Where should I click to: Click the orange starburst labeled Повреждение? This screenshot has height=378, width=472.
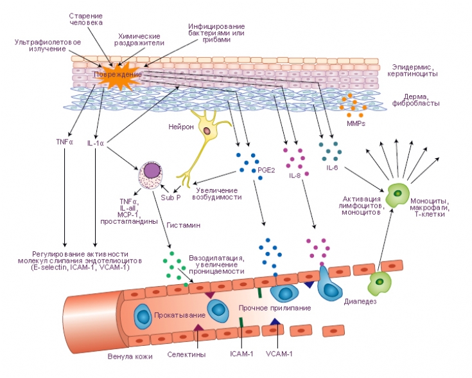[117, 75]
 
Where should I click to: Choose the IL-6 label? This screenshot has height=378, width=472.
[332, 168]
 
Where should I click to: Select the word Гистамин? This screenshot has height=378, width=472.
[185, 227]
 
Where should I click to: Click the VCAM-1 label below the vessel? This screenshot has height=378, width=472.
[277, 354]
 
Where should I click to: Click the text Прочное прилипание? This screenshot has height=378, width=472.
[274, 308]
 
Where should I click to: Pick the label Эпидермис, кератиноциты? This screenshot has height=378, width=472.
[414, 70]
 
